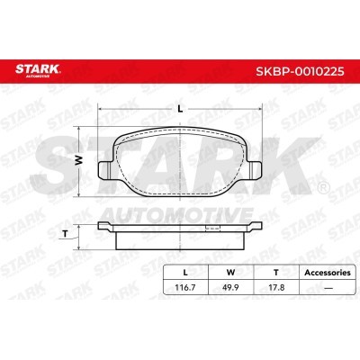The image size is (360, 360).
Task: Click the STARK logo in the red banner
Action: coord(38,70)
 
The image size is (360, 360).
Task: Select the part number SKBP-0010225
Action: coord(300,71)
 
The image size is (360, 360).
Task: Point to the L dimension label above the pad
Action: coord(180,110)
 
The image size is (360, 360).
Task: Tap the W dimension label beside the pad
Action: coord(78,161)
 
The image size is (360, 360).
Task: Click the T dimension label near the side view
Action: coord(65,234)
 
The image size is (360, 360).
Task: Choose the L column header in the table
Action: coord(185,273)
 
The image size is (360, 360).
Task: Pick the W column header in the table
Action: coord(230,273)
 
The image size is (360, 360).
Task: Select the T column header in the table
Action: coord(276,273)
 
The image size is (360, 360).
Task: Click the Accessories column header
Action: coord(328,273)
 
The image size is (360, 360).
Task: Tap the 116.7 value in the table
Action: coord(185,287)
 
